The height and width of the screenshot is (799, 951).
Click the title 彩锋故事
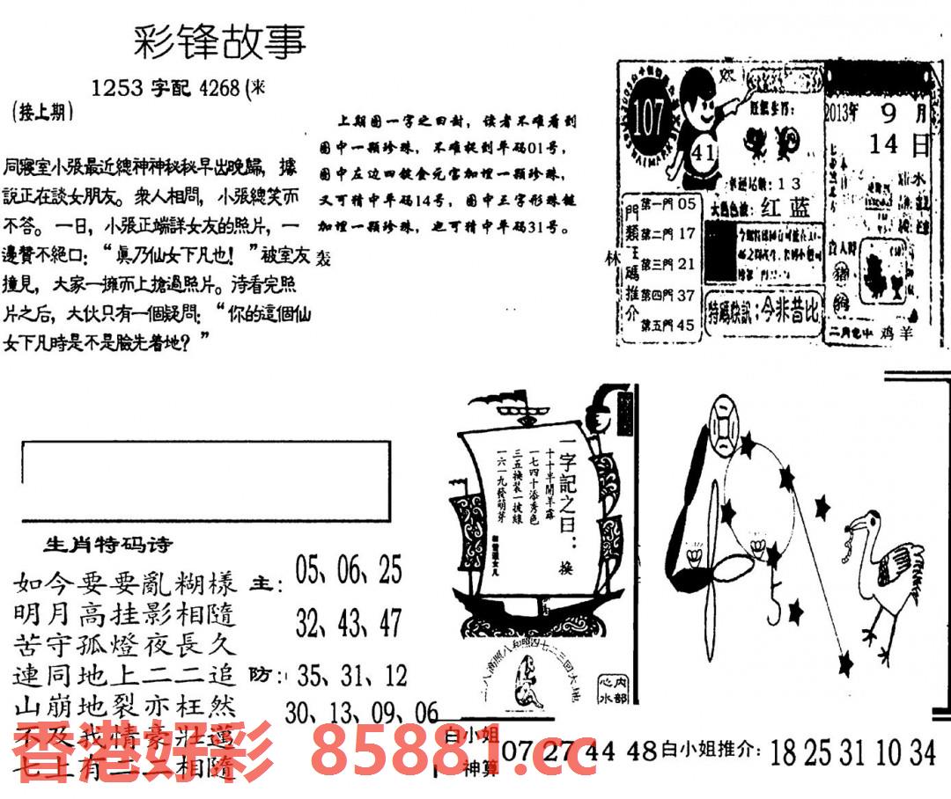click(219, 41)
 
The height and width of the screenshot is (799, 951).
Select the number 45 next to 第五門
click(687, 325)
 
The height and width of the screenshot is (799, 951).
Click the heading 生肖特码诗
click(108, 545)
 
